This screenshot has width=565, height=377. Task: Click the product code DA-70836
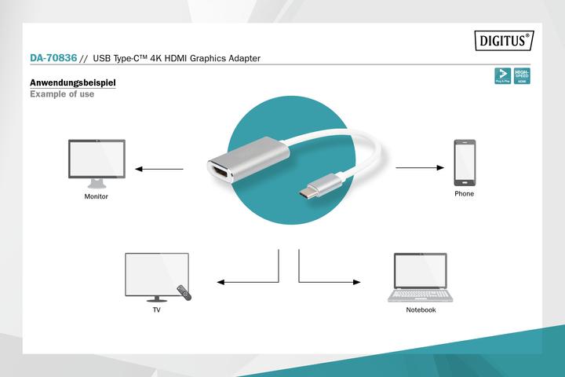point(53,58)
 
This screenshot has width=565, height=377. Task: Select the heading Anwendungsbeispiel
point(73,82)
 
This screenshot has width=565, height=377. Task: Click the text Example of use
point(62,94)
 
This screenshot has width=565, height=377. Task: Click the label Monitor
point(96,196)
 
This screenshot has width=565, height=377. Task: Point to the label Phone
point(465,193)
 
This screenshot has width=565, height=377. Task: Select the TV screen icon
point(156,276)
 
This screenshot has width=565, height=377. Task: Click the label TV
point(157,310)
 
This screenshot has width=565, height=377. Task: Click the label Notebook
point(421,310)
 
